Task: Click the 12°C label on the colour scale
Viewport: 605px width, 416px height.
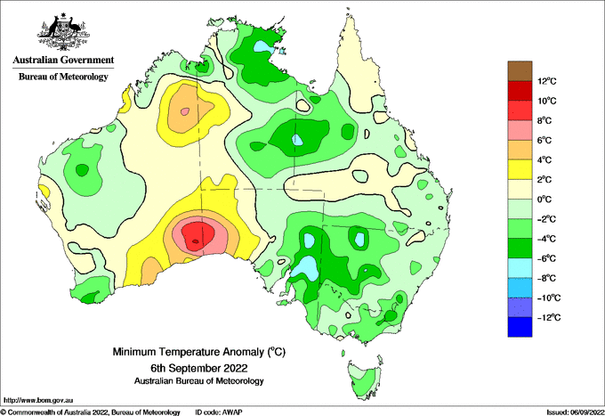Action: [547, 81]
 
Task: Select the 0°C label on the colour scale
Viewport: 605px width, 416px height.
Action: [544, 200]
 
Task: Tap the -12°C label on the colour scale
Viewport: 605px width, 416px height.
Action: [550, 317]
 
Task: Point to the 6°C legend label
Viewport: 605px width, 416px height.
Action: [544, 140]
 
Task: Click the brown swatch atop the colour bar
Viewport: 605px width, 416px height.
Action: [520, 71]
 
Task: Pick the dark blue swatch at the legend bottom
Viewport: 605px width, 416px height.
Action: [520, 327]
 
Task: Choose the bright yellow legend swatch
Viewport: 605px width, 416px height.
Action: [520, 169]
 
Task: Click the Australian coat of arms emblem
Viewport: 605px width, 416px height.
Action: [63, 32]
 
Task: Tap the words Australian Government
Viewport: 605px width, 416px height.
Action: [63, 60]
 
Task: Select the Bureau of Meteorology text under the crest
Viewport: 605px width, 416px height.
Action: [63, 77]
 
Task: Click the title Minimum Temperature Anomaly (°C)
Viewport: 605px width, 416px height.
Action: [198, 352]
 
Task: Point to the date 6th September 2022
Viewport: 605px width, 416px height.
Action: [198, 367]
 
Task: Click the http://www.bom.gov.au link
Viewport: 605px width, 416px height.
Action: [37, 400]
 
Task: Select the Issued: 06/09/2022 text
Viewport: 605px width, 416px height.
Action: [575, 412]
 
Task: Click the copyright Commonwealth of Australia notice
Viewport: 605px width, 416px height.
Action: [90, 412]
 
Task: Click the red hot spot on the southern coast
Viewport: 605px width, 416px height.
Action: [198, 235]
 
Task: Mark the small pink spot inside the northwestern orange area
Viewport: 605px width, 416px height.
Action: [185, 111]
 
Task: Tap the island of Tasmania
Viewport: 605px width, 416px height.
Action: [365, 379]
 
